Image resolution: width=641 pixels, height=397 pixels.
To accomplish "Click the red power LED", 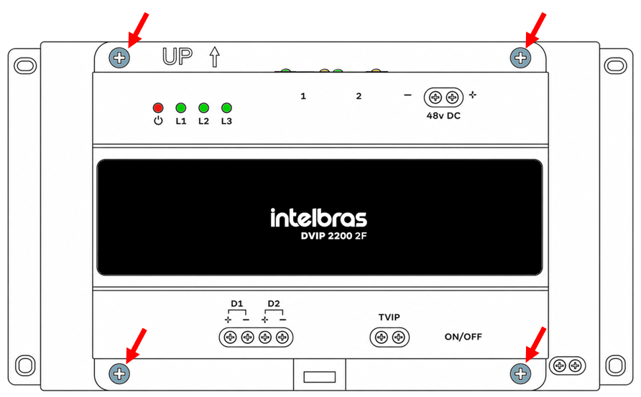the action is coord(158,108).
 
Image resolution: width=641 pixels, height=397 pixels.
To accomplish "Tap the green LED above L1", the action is coord(180,108).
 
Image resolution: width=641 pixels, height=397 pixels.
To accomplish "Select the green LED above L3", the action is coord(226,108).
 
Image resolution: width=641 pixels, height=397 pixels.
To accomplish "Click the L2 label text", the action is coord(203,121).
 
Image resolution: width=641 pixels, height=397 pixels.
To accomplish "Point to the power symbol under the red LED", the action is coord(158,121).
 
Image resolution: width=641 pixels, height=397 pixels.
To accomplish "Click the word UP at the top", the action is coord(177,57).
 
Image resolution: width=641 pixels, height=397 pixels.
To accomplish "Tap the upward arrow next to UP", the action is coord(215,57).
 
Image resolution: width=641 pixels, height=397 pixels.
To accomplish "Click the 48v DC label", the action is coord(443,116).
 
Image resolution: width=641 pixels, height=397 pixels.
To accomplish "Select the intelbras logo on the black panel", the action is coord(318,218).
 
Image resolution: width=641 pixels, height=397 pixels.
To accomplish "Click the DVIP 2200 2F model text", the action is coord(333,236).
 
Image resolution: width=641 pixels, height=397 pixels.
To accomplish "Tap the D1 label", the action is coord(236,304).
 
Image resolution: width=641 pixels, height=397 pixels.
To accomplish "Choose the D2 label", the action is coord(274,304).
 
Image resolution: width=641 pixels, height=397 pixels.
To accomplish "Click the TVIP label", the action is coord(389,317).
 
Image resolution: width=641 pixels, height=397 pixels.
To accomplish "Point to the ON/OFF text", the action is coord(464,337).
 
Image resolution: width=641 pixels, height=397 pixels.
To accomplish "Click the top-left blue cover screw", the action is coord(119,58).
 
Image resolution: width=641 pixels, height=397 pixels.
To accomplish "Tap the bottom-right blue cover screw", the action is coord(520,373).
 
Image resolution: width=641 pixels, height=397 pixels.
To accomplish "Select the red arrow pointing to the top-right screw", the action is coord(535,30).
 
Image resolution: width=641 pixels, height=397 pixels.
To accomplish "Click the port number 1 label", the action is coord(303,96).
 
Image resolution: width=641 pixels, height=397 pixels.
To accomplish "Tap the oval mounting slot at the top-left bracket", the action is coord(25,65).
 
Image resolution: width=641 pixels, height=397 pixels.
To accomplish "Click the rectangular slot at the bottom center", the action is coord(320,377).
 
